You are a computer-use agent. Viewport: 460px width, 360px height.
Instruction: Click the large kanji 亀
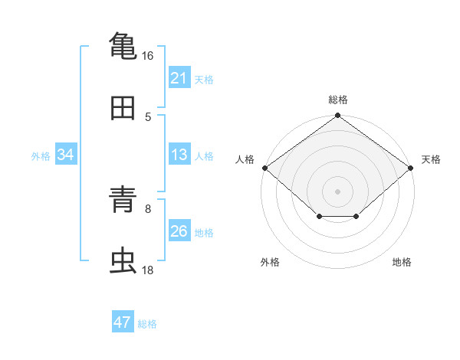123,46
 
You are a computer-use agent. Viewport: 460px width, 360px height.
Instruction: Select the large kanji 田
123,108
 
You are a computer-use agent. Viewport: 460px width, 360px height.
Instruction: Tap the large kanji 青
123,199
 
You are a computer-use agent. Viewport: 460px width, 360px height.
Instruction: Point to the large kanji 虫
123,260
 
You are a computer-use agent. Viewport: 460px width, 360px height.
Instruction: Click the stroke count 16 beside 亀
147,56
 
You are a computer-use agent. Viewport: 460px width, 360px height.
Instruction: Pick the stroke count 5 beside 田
148,117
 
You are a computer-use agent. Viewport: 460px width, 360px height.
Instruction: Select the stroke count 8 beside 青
148,209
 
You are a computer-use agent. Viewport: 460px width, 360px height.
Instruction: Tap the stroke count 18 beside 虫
147,270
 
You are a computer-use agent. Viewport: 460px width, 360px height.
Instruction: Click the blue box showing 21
179,77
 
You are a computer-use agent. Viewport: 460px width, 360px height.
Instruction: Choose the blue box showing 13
179,154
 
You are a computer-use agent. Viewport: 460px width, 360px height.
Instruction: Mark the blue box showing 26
179,230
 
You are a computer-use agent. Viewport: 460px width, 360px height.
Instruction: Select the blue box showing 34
66,154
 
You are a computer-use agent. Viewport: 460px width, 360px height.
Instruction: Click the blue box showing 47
123,321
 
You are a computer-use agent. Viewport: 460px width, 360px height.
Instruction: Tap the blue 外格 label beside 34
41,156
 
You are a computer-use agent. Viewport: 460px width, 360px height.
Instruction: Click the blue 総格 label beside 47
147,324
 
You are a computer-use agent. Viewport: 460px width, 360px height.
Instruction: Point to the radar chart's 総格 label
338,100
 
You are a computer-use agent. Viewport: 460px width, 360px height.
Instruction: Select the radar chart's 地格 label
402,262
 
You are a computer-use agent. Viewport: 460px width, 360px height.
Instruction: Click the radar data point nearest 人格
265,168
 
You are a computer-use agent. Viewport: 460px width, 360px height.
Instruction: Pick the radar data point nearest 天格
410,168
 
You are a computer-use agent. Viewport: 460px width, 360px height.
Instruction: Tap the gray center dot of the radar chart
337,191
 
